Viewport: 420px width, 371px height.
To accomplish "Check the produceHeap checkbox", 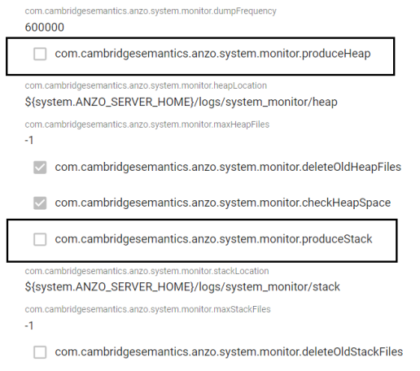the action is click(x=40, y=54).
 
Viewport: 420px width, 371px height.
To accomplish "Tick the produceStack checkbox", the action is click(x=40, y=239).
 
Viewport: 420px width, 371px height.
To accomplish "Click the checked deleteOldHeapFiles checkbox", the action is click(x=40, y=167).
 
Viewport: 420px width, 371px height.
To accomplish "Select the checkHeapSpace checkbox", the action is click(x=40, y=203).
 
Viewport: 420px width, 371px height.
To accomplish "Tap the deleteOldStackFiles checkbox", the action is click(x=40, y=352).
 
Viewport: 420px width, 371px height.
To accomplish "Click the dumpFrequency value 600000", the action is click(x=45, y=28).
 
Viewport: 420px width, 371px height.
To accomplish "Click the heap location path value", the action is click(x=181, y=103).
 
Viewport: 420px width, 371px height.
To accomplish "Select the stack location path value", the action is click(x=182, y=287).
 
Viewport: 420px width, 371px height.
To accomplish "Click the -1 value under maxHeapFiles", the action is click(x=29, y=141).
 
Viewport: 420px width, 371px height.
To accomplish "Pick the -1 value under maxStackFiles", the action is click(x=29, y=325).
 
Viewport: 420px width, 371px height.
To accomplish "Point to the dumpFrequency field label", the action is click(x=151, y=11).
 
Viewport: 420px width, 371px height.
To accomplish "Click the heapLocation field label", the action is click(x=146, y=85).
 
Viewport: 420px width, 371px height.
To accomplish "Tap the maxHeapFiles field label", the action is click(x=147, y=124).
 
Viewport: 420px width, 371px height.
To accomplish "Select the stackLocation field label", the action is click(x=147, y=271).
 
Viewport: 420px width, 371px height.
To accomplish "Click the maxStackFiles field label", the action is click(x=147, y=309).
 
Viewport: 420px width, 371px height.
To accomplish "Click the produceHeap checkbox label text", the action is click(x=212, y=54).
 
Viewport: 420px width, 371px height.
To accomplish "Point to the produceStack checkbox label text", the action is click(x=213, y=239).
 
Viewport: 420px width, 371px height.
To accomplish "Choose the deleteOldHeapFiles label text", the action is click(x=228, y=167).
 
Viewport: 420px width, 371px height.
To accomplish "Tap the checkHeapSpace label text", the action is click(x=223, y=203).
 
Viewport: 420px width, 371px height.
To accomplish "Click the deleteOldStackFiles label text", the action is click(x=229, y=352).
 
